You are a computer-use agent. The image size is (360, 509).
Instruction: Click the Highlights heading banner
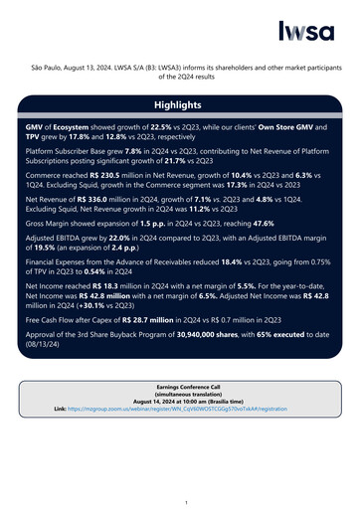[x=179, y=104]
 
